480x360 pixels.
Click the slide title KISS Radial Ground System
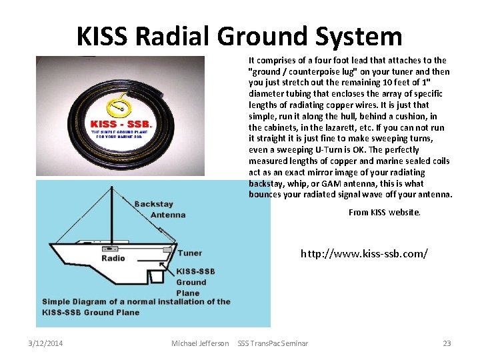pos(239,37)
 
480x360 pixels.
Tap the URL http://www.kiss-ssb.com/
pos(364,253)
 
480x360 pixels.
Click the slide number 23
pos(447,343)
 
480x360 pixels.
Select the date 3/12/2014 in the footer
pos(46,343)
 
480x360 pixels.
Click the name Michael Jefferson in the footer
pos(200,343)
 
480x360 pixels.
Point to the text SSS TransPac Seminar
pos(273,343)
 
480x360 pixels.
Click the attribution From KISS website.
pos(385,212)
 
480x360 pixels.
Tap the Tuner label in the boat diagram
pos(190,253)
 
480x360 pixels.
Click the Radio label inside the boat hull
pos(113,258)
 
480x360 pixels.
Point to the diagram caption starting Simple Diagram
pos(137,307)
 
